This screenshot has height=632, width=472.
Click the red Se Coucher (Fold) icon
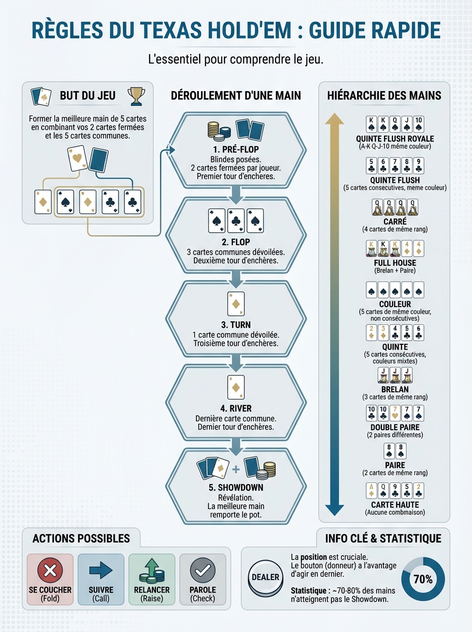[x=50, y=570]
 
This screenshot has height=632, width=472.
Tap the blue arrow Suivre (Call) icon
[x=101, y=570]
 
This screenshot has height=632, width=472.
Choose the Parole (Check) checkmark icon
[x=202, y=570]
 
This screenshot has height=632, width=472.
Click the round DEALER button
[x=265, y=577]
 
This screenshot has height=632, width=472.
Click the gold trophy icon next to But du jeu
[x=136, y=95]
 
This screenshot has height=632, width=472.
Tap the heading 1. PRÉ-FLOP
[x=235, y=150]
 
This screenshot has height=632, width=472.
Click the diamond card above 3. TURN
[x=235, y=304]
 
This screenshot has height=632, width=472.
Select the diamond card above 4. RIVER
[x=235, y=388]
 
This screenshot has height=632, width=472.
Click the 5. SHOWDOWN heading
[x=235, y=488]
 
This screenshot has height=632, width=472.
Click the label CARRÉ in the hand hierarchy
[x=395, y=221]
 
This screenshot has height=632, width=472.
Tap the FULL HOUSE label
[x=395, y=263]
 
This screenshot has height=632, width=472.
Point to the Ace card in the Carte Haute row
[x=371, y=490]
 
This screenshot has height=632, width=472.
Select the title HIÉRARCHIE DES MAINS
[x=384, y=96]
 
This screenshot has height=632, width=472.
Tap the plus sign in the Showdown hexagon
[x=235, y=469]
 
